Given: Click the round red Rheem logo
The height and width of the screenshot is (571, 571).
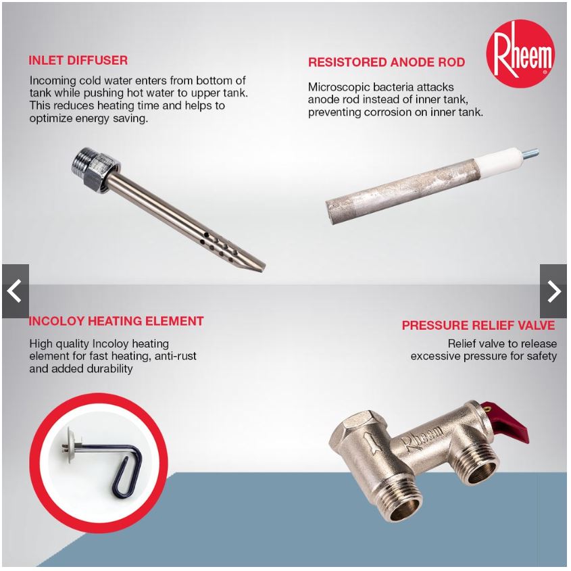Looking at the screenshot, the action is [x=520, y=53].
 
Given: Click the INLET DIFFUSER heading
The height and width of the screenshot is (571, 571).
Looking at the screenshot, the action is [x=78, y=60].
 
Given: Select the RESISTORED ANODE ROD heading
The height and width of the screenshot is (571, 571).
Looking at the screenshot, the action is [x=387, y=62].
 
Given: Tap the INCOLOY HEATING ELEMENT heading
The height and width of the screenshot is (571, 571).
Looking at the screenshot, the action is [x=116, y=321].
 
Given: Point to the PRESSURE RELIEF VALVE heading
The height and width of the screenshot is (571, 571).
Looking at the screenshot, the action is [x=478, y=325].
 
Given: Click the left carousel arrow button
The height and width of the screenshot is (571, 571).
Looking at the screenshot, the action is [x=16, y=291].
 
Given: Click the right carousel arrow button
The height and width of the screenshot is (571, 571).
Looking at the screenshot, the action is [x=553, y=291].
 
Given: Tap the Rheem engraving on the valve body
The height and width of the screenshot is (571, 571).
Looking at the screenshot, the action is [x=422, y=438].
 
